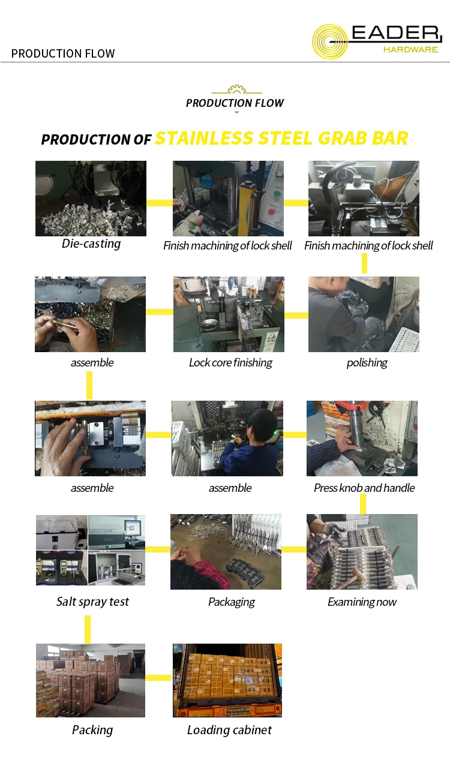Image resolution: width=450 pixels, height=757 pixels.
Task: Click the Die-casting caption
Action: (x=91, y=244)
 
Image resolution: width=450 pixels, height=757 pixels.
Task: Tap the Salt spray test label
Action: (x=92, y=602)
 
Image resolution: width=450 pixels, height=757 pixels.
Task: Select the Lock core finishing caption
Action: (x=230, y=362)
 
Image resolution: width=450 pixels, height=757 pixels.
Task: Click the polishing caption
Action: (x=367, y=362)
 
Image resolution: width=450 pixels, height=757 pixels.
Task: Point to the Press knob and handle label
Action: (x=364, y=488)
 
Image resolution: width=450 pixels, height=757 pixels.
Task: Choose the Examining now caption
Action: (x=362, y=602)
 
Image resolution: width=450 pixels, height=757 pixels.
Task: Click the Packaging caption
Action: (x=231, y=602)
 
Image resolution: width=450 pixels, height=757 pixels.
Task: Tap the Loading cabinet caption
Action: (x=229, y=730)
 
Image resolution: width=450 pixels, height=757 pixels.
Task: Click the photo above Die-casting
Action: (x=91, y=199)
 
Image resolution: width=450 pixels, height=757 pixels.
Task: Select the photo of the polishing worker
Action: (x=364, y=314)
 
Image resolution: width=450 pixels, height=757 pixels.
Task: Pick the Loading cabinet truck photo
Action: (x=227, y=680)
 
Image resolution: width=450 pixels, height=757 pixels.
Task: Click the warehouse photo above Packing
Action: (x=91, y=680)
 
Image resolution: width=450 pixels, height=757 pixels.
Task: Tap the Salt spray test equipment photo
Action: (x=91, y=550)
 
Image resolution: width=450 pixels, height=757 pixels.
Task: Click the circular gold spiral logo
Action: (x=331, y=42)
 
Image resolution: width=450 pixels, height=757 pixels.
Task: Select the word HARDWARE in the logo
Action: (x=410, y=50)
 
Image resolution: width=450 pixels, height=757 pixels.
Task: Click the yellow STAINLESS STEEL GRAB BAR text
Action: (x=281, y=138)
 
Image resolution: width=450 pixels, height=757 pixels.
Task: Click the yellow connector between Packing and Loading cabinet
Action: (x=158, y=678)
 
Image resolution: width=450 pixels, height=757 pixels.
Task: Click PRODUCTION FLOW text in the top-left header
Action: (x=63, y=53)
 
